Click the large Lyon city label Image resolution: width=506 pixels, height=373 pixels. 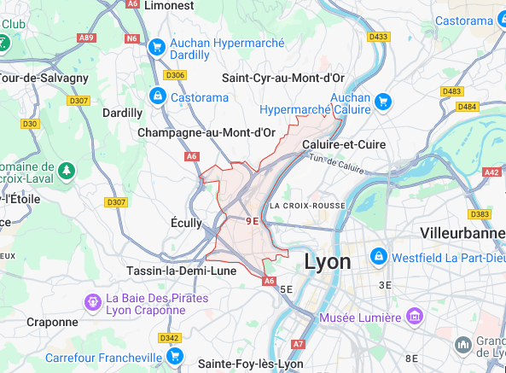[x=327, y=261]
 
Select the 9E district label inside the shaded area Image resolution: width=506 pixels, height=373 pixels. [x=252, y=220]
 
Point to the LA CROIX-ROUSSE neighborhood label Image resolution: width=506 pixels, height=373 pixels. [x=306, y=206]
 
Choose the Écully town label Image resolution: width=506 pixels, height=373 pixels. [x=186, y=223]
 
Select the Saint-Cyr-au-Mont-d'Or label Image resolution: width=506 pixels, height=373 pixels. [x=281, y=77]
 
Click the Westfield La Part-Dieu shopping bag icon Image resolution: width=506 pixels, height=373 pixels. [x=378, y=256]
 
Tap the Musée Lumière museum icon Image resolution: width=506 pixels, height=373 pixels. [x=414, y=318]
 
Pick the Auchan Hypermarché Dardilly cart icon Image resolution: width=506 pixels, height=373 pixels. [x=156, y=47]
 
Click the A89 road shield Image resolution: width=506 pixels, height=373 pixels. [x=86, y=38]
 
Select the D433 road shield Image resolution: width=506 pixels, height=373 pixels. [x=378, y=36]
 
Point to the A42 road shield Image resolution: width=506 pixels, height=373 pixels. [x=491, y=172]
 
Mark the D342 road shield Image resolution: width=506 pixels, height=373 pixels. [x=169, y=338]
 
